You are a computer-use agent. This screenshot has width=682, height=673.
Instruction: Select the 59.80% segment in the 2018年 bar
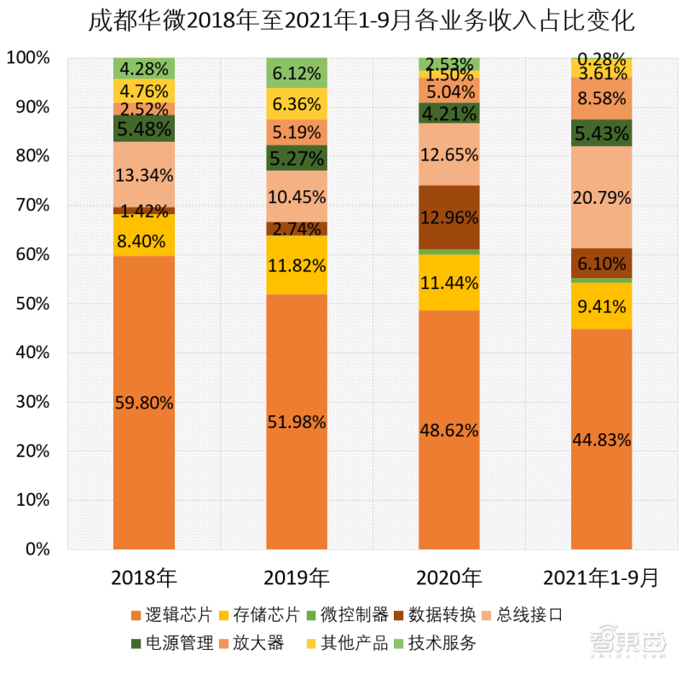[x=144, y=402]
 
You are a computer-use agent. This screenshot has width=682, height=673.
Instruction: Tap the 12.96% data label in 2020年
[x=448, y=217]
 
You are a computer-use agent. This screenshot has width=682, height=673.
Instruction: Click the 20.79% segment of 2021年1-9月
[x=601, y=198]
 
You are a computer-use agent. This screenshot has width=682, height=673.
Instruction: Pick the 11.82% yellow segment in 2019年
[x=296, y=265]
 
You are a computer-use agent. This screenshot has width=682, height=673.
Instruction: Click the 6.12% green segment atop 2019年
[x=296, y=73]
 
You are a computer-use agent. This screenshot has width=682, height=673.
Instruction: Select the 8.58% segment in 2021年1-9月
[x=601, y=99]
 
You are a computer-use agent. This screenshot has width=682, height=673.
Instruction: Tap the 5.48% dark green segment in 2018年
[x=144, y=128]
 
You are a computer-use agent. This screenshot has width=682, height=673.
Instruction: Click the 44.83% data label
[x=601, y=439]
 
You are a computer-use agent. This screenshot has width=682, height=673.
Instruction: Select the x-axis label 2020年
[x=448, y=577]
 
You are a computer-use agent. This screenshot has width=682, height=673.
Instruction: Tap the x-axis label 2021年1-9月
[x=601, y=577]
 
